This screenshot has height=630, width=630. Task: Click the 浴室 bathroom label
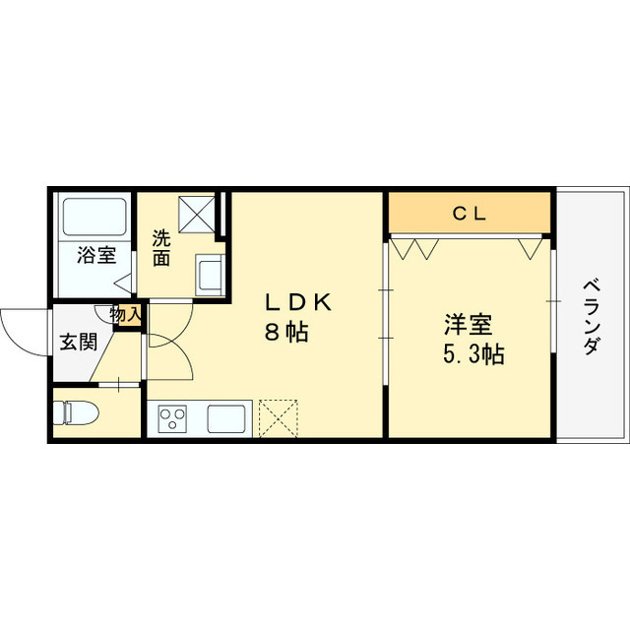(x=96, y=255)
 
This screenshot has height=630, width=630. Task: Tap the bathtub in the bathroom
(x=94, y=217)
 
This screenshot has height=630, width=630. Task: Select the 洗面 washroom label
(x=161, y=248)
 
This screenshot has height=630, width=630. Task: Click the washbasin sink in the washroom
(x=209, y=275)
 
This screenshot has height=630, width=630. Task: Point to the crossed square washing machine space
(x=197, y=215)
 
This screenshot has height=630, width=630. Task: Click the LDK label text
(x=297, y=302)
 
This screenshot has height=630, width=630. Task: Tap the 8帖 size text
(x=286, y=333)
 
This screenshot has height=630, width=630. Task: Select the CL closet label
(x=470, y=214)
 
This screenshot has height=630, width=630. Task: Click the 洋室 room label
(x=469, y=325)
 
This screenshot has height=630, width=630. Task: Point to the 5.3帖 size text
(x=473, y=354)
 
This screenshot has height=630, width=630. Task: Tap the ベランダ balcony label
(x=592, y=317)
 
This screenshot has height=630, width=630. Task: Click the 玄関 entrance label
(x=79, y=343)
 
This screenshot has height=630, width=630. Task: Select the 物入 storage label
(x=126, y=314)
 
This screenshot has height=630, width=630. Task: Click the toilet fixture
(x=77, y=413)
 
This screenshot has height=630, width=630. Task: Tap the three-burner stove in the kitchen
(x=172, y=419)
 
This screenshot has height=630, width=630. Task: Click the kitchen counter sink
(x=226, y=419)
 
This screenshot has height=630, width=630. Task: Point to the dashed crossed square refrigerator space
(x=279, y=418)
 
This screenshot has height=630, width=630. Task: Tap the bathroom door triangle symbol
(x=123, y=284)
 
